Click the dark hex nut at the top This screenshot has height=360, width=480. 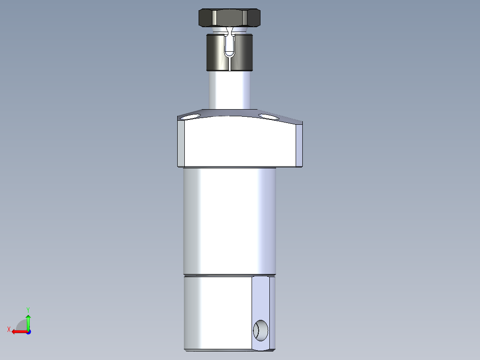pos(229,18)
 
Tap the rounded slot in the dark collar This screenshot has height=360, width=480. pos(230,45)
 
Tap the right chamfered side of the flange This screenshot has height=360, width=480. pos(299,145)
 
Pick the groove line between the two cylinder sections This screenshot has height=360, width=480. pos(229,274)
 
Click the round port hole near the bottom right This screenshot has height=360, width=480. pos(260,330)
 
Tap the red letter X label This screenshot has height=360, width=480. pos(9,329)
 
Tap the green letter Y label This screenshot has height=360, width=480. pos(28,309)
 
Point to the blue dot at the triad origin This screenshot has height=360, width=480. pos(28,331)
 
